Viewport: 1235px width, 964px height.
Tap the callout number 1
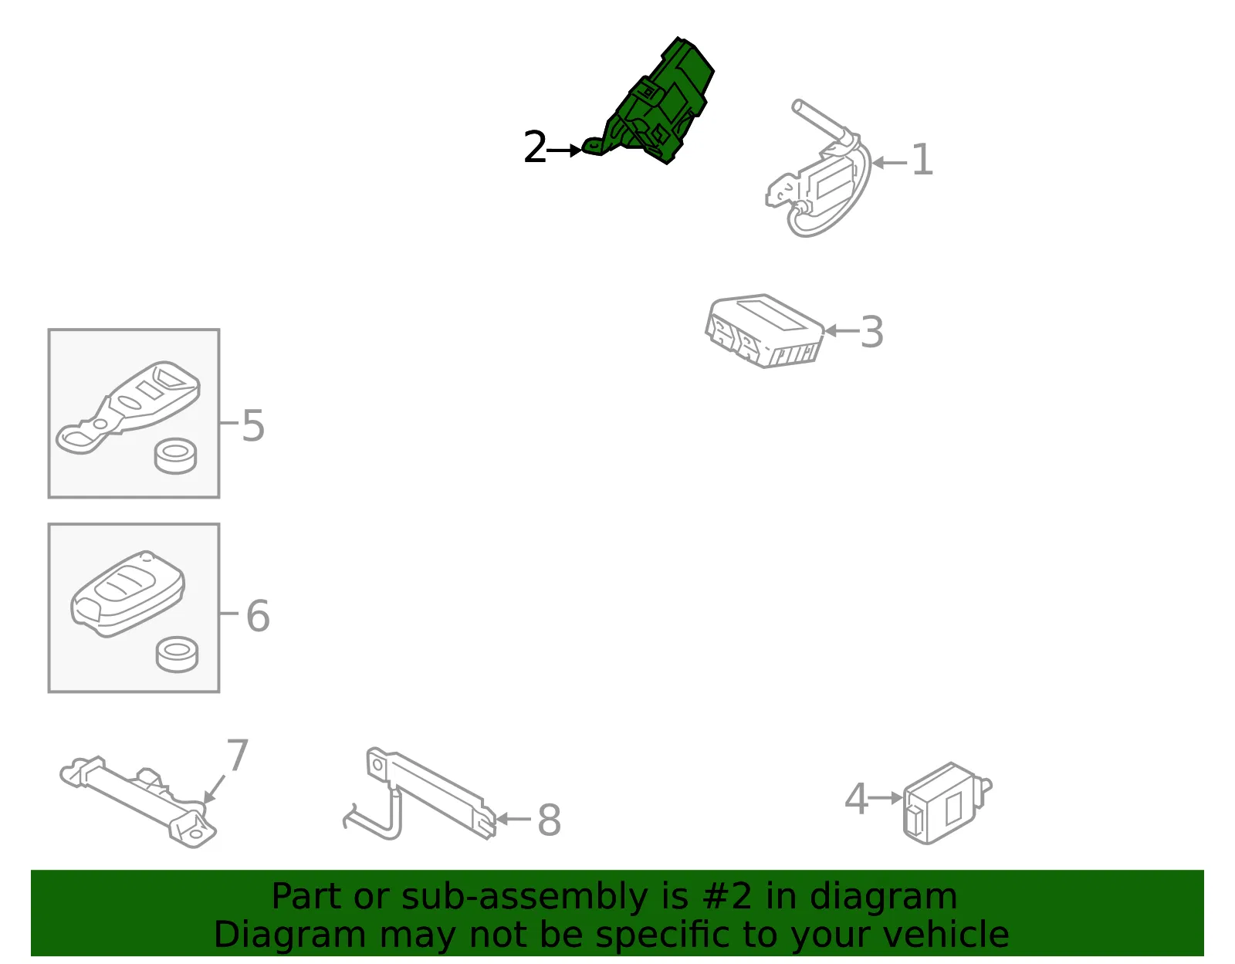922,160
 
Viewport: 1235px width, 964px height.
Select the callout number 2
534,147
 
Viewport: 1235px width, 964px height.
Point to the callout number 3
871,332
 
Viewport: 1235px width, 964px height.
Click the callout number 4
856,799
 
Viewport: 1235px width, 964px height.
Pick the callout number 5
253,425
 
